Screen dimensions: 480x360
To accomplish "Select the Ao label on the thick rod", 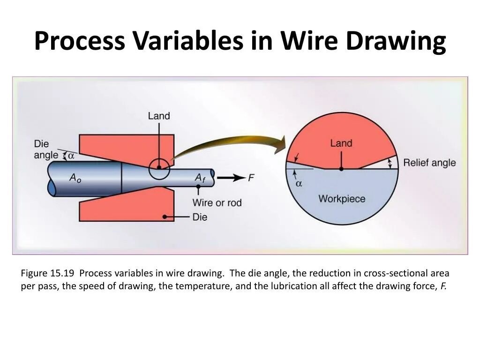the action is [x=75, y=178].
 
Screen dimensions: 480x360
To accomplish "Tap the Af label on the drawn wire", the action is [x=201, y=178].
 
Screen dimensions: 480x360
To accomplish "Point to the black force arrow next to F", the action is [x=231, y=178].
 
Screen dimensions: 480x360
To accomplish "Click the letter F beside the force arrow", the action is [x=251, y=178].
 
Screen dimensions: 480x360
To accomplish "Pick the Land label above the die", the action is [x=159, y=116].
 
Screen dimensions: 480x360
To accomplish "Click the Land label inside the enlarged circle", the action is [x=341, y=143].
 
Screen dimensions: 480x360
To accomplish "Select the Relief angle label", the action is [x=429, y=163].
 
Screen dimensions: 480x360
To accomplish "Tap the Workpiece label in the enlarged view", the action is [x=341, y=199].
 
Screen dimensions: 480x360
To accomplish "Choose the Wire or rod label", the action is [x=217, y=202].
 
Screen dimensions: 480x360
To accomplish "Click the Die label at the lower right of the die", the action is [x=200, y=217].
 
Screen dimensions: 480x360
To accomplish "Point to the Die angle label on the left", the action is [x=45, y=150].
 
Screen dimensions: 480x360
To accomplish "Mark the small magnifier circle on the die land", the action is [x=159, y=169].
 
